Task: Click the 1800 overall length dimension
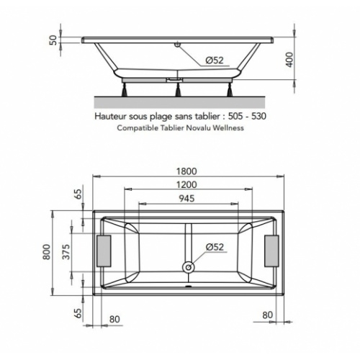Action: (x=186, y=171)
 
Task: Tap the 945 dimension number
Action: (x=186, y=198)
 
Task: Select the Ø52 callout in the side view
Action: (x=215, y=60)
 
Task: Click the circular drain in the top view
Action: (x=189, y=268)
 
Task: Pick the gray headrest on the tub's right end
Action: (x=273, y=252)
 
